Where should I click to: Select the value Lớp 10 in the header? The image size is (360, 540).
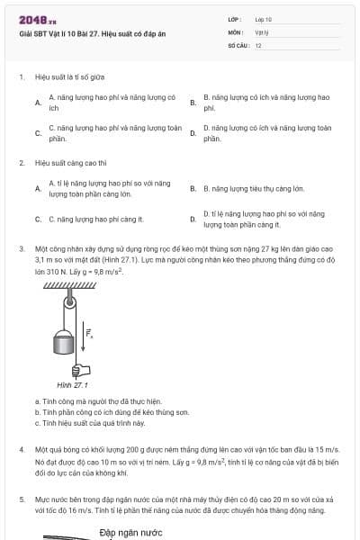[264, 18]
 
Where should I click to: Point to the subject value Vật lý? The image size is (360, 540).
[262, 31]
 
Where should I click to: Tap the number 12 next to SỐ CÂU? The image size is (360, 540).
[258, 44]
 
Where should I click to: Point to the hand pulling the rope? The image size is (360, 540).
[79, 369]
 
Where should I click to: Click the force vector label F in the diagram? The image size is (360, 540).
[89, 335]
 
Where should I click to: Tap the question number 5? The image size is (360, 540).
[21, 498]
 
